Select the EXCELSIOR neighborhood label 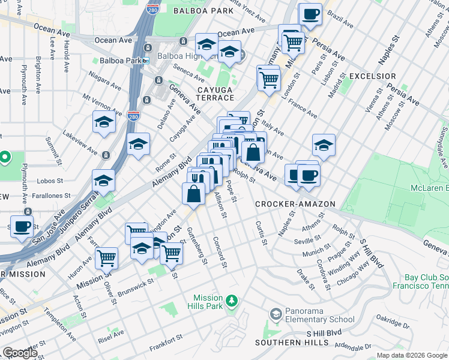point(372,76)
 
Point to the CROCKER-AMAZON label point(295,204)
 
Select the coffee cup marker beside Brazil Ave point(310,14)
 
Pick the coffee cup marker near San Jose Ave point(22,227)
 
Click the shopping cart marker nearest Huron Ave point(106,258)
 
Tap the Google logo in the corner point(20,352)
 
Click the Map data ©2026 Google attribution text point(412,355)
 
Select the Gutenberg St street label point(197,246)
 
